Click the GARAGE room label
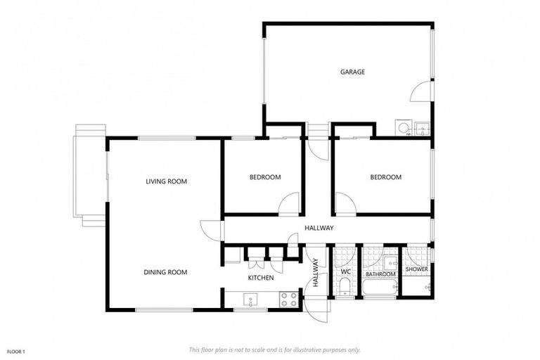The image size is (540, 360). (x=352, y=72)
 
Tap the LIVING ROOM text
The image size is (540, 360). (x=166, y=181)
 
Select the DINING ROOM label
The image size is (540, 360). (x=165, y=272)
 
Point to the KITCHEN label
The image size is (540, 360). (x=260, y=278)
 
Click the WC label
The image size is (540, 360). (x=345, y=271)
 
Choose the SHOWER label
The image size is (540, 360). (x=416, y=269)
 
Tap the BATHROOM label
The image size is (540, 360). (x=380, y=274)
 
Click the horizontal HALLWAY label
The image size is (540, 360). (x=319, y=228)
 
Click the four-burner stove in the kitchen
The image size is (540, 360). (x=288, y=299)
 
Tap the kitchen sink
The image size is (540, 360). (x=251, y=301)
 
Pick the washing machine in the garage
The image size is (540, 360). (x=403, y=128)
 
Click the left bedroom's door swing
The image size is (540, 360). (x=289, y=204)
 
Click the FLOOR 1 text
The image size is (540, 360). (x=15, y=350)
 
